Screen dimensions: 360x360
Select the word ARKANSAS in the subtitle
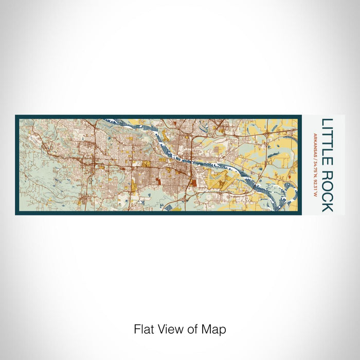[x=315, y=145]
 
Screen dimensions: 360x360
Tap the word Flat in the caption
[x=143, y=329]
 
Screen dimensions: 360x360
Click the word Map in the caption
[x=215, y=329]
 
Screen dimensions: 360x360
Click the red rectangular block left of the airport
[x=193, y=183]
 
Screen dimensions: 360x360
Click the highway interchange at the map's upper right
[x=266, y=133]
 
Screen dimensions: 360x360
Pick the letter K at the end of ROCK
[x=327, y=207]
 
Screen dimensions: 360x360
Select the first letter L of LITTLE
[x=327, y=122]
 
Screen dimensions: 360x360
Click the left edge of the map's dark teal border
[x=17, y=165]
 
